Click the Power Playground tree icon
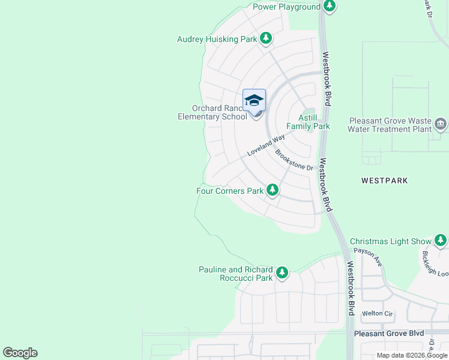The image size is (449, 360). (x=329, y=6)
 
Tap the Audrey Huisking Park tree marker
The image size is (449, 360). (x=266, y=39)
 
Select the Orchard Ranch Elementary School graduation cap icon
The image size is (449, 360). (x=254, y=100)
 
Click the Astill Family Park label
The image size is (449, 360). (x=308, y=122)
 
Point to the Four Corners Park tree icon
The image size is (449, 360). (x=273, y=190)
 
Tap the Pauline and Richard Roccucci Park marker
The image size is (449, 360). (x=281, y=274)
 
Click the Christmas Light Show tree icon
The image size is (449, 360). (x=440, y=241)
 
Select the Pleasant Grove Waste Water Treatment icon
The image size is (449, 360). (x=441, y=124)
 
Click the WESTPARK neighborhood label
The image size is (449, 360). (x=385, y=180)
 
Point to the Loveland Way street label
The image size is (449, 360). (x=266, y=146)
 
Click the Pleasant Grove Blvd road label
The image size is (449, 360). (x=389, y=333)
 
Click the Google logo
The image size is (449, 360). (x=20, y=353)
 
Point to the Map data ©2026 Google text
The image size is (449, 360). (x=412, y=355)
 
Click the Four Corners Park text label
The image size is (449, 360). (x=231, y=191)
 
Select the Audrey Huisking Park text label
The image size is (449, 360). (x=217, y=40)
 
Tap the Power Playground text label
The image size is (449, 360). (x=286, y=7)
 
